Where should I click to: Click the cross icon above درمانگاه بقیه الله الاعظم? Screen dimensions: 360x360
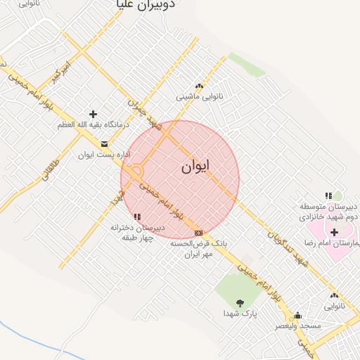[93, 114]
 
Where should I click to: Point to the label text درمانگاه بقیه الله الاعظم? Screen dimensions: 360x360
[91, 124]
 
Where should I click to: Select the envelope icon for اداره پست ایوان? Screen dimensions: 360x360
[104, 144]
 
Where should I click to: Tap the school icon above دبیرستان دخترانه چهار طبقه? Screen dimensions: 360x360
[137, 217]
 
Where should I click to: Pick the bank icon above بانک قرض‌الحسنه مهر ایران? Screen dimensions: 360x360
[199, 233]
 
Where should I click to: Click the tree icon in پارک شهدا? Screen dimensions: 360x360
[240, 303]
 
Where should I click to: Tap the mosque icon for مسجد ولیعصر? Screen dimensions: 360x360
[298, 315]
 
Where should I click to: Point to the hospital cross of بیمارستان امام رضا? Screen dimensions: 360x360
[334, 232]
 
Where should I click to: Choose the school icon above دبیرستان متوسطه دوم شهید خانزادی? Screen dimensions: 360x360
[328, 195]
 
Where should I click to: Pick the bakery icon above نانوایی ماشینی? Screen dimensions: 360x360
[199, 86]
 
